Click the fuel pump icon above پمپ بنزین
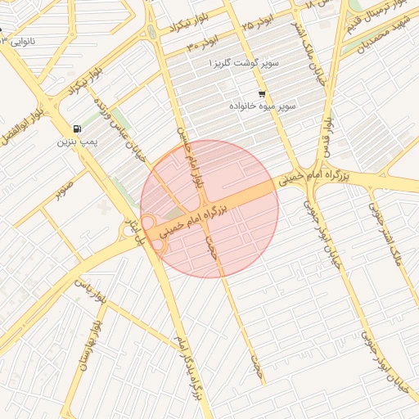pyautogui.click(x=77, y=128)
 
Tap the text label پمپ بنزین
pyautogui.click(x=77, y=142)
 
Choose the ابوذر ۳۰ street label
pyautogui.click(x=204, y=42)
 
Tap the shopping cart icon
pyautogui.click(x=262, y=93)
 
